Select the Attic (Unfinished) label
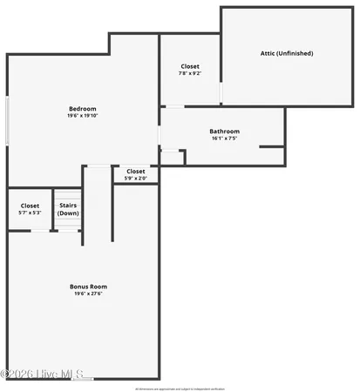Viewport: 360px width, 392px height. (287, 53)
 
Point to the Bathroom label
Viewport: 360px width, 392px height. (224, 132)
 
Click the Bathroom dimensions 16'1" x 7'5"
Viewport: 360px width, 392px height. (224, 139)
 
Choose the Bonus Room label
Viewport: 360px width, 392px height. (89, 286)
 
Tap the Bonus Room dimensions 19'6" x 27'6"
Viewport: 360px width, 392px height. (89, 294)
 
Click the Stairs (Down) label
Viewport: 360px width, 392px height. (68, 209)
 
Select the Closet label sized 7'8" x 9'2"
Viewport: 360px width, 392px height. (190, 66)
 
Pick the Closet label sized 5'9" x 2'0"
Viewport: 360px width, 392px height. (136, 172)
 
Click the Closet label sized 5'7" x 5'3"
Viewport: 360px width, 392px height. (30, 206)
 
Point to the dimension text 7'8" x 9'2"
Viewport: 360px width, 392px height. (190, 73)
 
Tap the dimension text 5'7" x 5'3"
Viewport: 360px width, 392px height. (30, 213)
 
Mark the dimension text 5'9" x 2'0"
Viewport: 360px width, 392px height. (136, 179)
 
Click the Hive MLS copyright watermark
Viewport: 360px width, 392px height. (44, 373)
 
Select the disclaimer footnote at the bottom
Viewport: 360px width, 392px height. (180, 389)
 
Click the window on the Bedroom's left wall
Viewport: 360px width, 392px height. (8, 120)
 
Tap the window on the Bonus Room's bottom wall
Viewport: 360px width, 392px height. (84, 378)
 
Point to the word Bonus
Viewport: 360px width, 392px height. (79, 286)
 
